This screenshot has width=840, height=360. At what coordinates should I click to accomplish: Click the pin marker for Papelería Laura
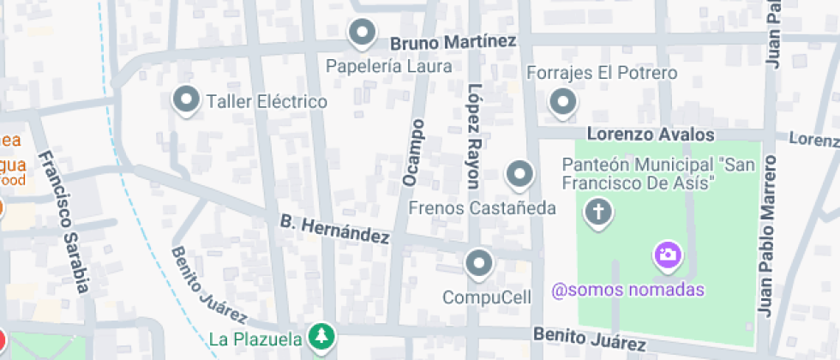[363, 33]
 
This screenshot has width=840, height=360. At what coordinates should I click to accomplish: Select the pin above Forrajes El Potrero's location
[562, 102]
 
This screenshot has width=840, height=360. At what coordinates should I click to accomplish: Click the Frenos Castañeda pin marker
[519, 176]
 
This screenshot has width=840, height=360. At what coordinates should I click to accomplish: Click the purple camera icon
[668, 255]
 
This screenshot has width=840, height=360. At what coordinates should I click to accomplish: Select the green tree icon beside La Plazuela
[321, 336]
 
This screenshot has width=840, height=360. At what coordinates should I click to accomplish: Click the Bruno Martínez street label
[453, 42]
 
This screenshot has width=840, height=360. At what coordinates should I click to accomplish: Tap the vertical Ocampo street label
[414, 153]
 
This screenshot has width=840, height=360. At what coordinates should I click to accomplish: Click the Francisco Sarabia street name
[65, 222]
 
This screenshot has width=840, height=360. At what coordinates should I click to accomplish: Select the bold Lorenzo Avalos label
[651, 135]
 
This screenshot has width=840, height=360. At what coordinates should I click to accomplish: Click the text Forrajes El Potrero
[602, 73]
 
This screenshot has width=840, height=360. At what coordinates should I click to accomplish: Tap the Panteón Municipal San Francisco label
[639, 173]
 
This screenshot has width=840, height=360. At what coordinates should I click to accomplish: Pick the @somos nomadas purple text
[628, 290]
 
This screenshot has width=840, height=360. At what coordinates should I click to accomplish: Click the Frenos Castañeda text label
[483, 207]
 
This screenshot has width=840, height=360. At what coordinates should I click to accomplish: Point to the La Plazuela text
[255, 337]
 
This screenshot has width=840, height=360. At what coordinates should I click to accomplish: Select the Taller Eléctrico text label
[267, 102]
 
